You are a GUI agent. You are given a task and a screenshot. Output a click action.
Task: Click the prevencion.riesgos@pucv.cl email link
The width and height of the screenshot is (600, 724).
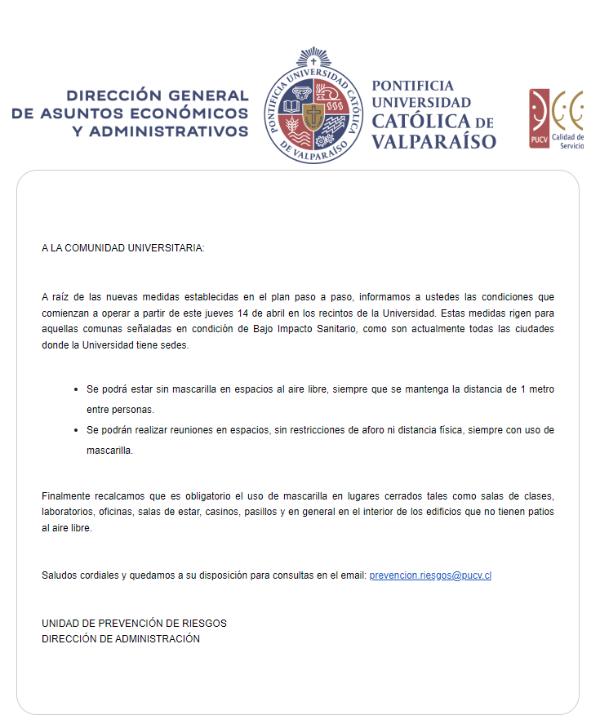pos(430,575)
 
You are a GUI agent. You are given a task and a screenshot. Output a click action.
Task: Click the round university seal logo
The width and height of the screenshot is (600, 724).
pos(312,105)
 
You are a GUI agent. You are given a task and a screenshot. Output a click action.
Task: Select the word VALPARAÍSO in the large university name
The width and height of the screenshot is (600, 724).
pos(433,141)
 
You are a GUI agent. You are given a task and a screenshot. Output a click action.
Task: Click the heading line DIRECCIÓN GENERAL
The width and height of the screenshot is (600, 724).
pos(158,95)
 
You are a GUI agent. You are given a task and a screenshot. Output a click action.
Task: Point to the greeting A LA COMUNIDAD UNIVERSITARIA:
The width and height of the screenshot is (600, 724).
pos(122,247)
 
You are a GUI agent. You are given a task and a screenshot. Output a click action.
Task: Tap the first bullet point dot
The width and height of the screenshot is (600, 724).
pos(76,390)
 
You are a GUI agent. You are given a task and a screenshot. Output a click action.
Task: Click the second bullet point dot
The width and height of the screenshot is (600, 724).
pos(76,430)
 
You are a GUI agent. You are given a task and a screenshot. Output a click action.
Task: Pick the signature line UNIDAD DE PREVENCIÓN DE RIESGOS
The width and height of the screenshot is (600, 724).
pos(134,624)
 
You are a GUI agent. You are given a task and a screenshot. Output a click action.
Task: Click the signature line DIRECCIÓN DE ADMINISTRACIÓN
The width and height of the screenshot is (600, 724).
pos(121,639)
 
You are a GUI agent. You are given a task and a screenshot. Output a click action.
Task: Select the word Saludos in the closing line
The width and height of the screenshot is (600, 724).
pos(60,575)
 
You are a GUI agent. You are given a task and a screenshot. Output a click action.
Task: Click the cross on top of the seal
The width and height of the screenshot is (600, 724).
pos(313,60)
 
